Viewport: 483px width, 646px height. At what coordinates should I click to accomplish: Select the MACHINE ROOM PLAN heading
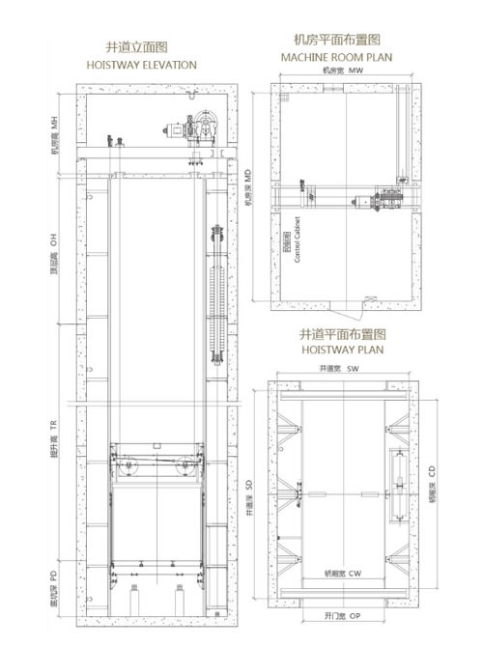(336, 58)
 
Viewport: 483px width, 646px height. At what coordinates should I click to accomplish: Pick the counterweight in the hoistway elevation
(217, 295)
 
